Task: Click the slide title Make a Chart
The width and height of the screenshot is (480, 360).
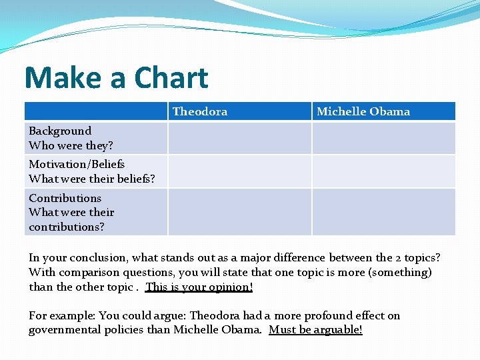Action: tap(116, 78)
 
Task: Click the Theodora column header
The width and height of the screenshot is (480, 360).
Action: tap(199, 111)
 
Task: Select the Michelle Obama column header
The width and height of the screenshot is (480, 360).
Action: tap(363, 111)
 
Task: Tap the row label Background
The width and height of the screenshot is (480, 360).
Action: tap(60, 131)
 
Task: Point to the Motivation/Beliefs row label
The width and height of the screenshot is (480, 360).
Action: tap(77, 164)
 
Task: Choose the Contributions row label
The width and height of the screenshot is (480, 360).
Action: tap(65, 198)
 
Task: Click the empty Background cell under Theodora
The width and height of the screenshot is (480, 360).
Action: tap(239, 138)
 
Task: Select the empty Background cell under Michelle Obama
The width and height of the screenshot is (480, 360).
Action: tap(383, 138)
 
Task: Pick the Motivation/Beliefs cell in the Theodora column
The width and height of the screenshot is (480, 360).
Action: tap(239, 171)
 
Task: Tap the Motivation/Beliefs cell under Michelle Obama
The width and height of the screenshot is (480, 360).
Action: tap(383, 171)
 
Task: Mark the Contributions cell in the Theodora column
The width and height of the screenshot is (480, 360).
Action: tap(239, 212)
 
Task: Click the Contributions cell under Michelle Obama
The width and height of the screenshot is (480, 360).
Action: tap(383, 212)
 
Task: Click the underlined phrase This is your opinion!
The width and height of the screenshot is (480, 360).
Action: tap(199, 287)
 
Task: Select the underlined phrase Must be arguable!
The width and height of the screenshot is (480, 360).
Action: tap(315, 330)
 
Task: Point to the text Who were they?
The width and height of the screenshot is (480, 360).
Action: tap(71, 145)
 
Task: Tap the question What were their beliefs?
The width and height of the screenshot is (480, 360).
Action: tap(92, 179)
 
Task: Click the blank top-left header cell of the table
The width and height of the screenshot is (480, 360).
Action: tap(96, 111)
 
